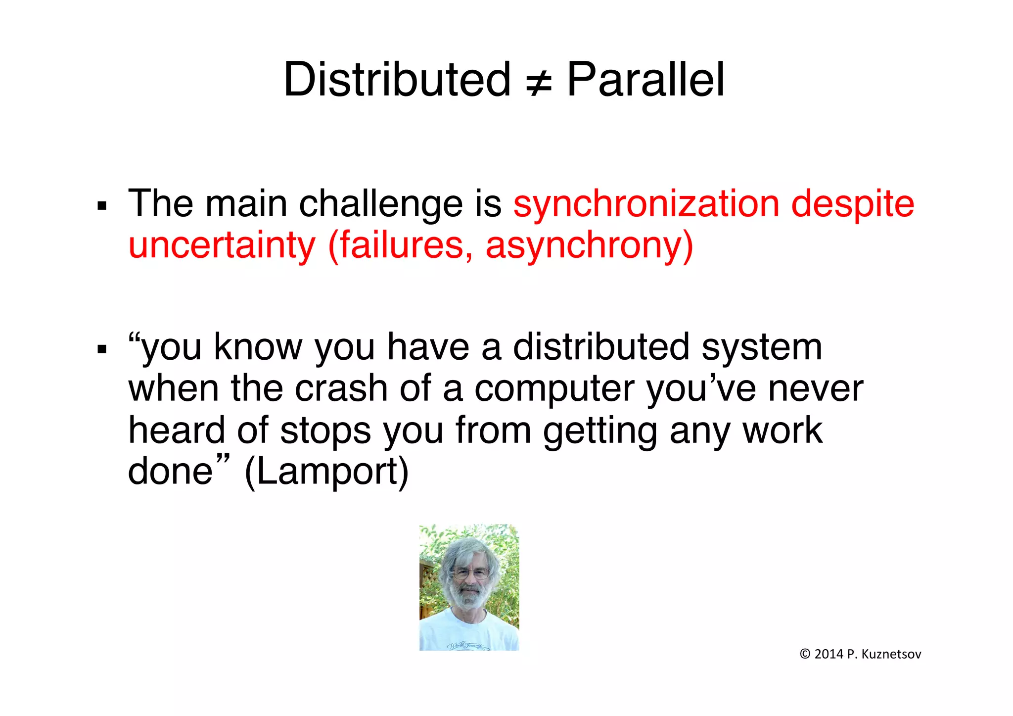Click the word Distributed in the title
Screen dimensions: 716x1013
pos(397,80)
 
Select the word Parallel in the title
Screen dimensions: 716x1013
pos(645,80)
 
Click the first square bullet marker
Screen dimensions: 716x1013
pos(102,206)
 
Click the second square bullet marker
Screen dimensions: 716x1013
pos(102,350)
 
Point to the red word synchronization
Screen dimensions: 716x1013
pos(645,204)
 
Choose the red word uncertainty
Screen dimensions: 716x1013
pos(222,246)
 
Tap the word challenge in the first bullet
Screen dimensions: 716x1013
pos(381,204)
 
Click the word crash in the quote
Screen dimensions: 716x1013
pos(341,388)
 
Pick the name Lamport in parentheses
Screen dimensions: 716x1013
pos(326,473)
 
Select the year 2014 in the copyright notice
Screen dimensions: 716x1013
pos(829,654)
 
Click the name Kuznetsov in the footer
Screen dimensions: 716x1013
pos(891,654)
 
